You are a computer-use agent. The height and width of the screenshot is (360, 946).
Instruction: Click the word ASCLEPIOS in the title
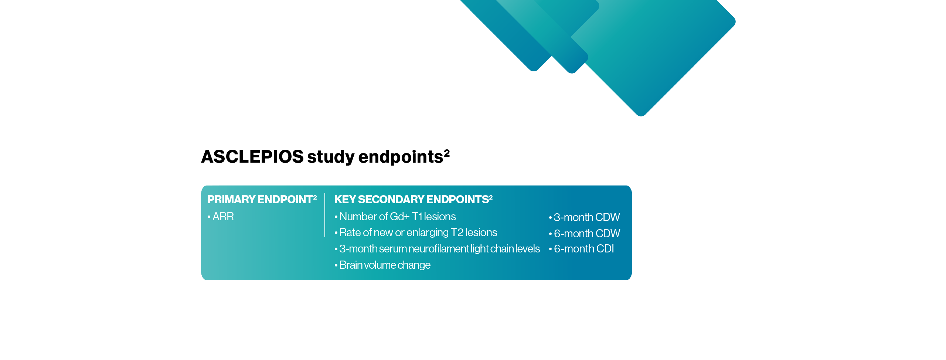(252, 157)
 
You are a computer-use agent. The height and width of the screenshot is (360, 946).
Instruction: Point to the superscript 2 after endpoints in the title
(447, 152)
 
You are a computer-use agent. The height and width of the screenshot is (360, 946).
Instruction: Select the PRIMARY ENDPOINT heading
(262, 200)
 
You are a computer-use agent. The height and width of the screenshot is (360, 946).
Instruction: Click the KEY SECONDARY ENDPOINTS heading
(413, 200)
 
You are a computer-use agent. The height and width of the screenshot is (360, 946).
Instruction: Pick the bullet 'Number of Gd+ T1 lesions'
(397, 217)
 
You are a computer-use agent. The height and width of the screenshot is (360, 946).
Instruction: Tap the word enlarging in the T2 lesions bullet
(427, 233)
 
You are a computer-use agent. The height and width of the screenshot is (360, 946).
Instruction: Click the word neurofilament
(439, 249)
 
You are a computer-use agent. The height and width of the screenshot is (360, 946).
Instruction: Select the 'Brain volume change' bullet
(385, 265)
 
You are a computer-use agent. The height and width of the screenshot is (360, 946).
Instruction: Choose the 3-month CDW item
(586, 217)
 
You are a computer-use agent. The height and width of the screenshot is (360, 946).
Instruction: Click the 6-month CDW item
(587, 234)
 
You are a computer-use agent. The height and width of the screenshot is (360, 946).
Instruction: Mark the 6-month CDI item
(584, 249)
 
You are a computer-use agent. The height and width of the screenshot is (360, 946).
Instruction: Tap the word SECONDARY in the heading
(391, 200)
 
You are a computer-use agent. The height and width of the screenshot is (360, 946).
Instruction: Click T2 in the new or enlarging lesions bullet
(457, 233)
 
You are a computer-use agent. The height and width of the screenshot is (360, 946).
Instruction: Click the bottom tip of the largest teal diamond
(641, 115)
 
